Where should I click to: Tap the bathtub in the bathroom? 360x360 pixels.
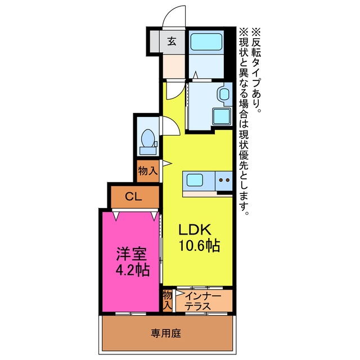point(206,42)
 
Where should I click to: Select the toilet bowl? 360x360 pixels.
point(148,138)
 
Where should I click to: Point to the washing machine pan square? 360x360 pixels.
point(222,116)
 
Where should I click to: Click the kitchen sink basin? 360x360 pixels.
point(195,180)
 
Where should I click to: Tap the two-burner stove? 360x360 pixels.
point(224,181)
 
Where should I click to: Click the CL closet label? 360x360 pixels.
point(133,197)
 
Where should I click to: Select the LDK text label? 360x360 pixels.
point(195,229)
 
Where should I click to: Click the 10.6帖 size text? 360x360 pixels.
point(199,246)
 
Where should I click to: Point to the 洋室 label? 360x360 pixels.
point(131,254)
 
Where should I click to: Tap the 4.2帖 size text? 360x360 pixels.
point(133,270)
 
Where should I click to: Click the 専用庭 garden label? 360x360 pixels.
point(166,333)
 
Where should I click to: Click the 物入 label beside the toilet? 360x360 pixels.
point(148,171)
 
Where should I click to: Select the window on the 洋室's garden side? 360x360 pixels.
point(130,314)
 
